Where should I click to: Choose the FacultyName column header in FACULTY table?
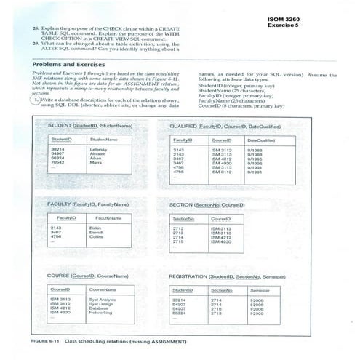coord(109,217)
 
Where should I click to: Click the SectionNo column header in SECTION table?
coord(184,217)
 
